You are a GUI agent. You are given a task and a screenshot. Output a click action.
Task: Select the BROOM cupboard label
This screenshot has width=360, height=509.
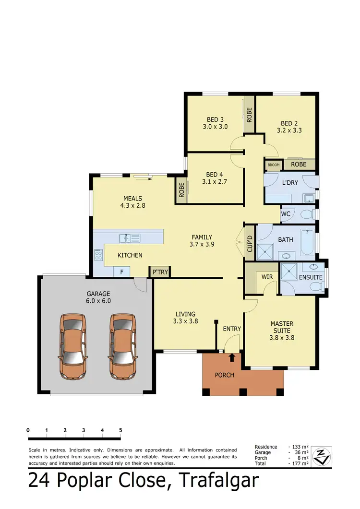coord(274,165)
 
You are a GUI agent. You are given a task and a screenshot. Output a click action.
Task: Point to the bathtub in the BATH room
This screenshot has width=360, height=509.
coord(306,243)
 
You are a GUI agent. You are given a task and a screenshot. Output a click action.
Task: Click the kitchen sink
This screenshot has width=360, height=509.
coord(129,238)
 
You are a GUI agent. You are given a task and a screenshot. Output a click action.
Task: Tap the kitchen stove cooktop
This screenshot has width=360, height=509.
coord(99,255)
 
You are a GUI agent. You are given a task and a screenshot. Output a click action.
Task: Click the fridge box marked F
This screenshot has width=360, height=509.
coord(121,272)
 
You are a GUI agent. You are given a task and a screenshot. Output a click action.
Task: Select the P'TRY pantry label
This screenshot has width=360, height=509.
coord(160,272)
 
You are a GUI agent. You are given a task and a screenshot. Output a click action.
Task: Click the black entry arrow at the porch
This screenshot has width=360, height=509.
coord(232,357)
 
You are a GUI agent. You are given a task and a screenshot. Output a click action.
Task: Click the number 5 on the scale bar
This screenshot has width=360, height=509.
coord(120,430)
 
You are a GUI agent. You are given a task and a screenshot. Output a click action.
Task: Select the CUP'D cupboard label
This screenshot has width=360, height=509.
coord(250,244)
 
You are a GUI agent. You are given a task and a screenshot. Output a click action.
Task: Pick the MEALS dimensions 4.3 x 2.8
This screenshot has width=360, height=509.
coord(133,205)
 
